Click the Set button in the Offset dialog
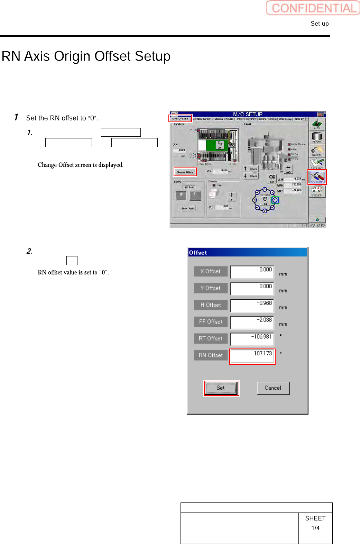tap(221, 388)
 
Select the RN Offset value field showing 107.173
tap(252, 356)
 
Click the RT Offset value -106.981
tap(252, 339)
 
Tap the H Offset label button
tap(211, 305)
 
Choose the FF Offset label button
tap(211, 322)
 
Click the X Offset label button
tap(211, 271)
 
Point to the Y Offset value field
tap(252, 289)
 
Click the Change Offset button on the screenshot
tap(185, 172)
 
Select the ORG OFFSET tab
tap(180, 119)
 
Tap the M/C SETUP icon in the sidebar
tap(317, 177)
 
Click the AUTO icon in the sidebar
tap(317, 124)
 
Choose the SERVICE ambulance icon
tap(317, 191)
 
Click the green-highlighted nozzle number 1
tap(275, 200)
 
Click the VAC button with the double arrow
tap(288, 169)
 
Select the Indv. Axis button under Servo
tap(188, 208)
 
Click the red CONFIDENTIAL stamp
tap(313, 8)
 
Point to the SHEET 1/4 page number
tap(315, 523)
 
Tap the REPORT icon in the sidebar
tap(317, 137)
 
